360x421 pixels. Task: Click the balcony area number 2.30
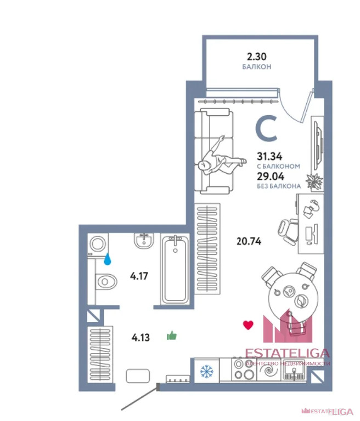coord(257,56)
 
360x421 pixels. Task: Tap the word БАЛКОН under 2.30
coord(257,66)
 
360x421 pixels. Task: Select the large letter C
coord(266,128)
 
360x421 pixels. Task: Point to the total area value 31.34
coord(269,156)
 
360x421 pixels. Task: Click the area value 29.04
coord(271,177)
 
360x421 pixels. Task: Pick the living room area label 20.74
coord(249,241)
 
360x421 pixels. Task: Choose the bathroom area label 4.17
coord(139,276)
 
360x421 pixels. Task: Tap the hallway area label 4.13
coord(140,338)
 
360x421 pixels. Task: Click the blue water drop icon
coord(108,259)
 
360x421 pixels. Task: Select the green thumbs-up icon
coord(172,335)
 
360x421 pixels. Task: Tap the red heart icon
coord(248,325)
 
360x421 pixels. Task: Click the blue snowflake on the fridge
coord(206,371)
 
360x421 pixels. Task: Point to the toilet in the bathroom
coord(106,282)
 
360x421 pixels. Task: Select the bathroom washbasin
coord(144,241)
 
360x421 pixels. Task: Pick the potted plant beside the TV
coord(314,181)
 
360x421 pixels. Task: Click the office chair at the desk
coord(288,232)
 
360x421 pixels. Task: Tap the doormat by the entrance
coord(138,376)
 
